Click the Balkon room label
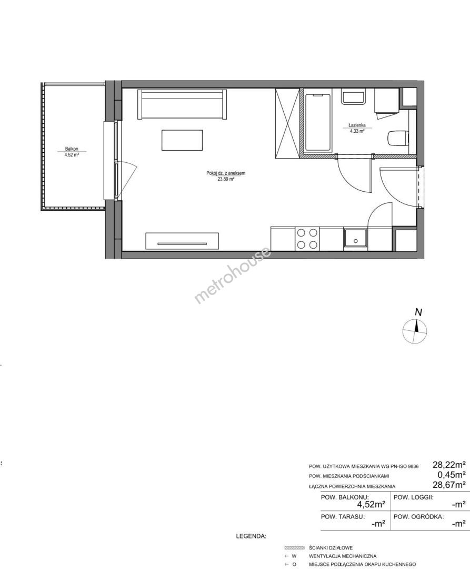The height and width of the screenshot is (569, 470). [72, 149]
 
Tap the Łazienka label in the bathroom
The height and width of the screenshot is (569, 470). [357, 125]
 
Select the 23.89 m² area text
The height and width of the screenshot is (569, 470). [226, 179]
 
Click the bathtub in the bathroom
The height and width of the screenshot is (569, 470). [318, 122]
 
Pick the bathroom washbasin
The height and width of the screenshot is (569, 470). [353, 97]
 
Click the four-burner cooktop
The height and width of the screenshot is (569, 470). [307, 239]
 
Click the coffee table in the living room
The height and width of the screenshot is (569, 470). [182, 141]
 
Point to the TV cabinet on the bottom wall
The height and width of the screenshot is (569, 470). [182, 241]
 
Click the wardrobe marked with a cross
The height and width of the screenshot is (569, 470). [288, 123]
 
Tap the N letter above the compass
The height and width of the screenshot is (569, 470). [419, 312]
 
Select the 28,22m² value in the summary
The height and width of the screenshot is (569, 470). [449, 465]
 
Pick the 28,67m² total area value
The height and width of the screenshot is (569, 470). [449, 485]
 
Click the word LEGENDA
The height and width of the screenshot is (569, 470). [251, 536]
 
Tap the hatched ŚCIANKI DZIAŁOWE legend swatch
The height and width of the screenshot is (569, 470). [294, 547]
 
